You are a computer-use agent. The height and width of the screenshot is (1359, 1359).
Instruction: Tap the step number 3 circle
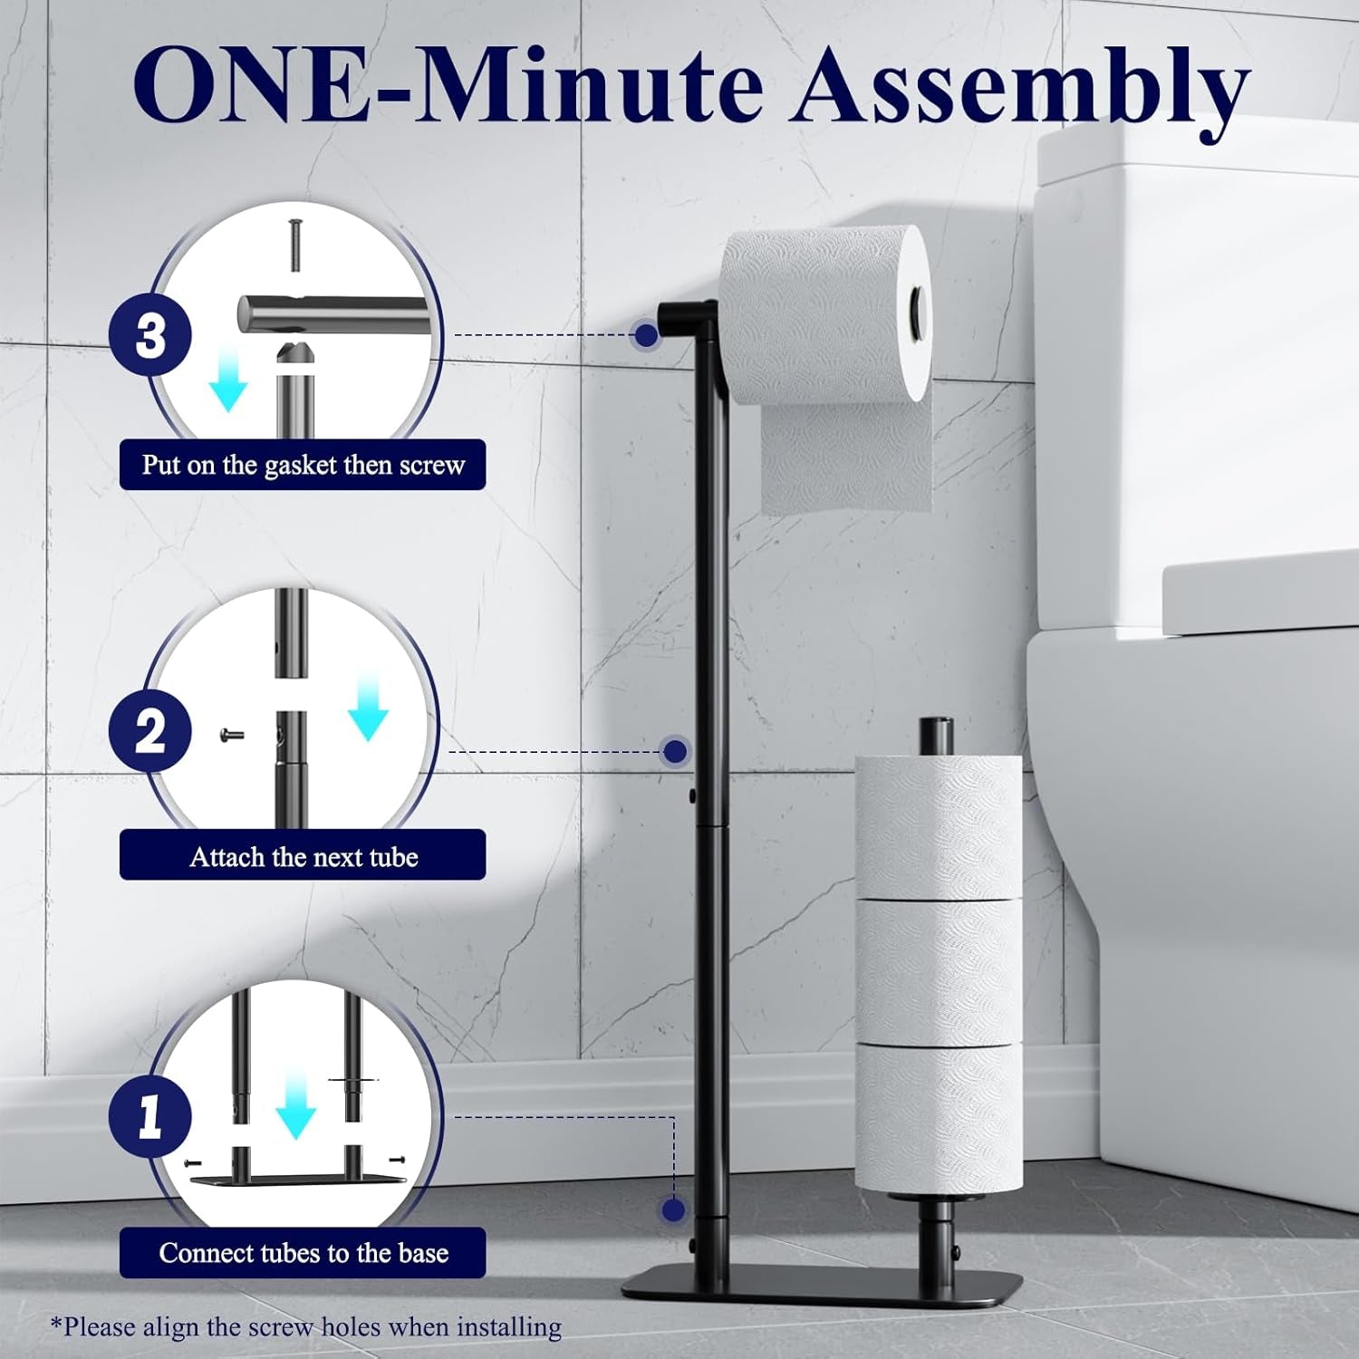point(150,335)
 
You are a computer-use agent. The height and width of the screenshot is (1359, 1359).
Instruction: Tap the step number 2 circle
point(150,730)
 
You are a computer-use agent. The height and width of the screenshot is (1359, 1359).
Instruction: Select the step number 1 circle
point(150,1116)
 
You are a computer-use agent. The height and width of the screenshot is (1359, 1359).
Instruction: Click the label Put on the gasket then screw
point(303,465)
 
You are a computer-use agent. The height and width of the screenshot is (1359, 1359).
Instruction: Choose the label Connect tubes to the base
point(303,1252)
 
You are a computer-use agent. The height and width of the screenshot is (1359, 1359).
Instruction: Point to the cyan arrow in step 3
point(227,387)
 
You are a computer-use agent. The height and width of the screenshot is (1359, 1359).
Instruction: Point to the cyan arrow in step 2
point(367,708)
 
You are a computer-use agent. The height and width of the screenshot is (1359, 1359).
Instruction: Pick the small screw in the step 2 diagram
point(233,736)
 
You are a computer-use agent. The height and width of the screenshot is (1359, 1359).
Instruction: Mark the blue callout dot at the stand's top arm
point(646,335)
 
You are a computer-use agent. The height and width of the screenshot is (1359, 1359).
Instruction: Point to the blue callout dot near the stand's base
point(672,1210)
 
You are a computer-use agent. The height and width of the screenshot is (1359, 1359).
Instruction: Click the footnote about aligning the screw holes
point(306,1328)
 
